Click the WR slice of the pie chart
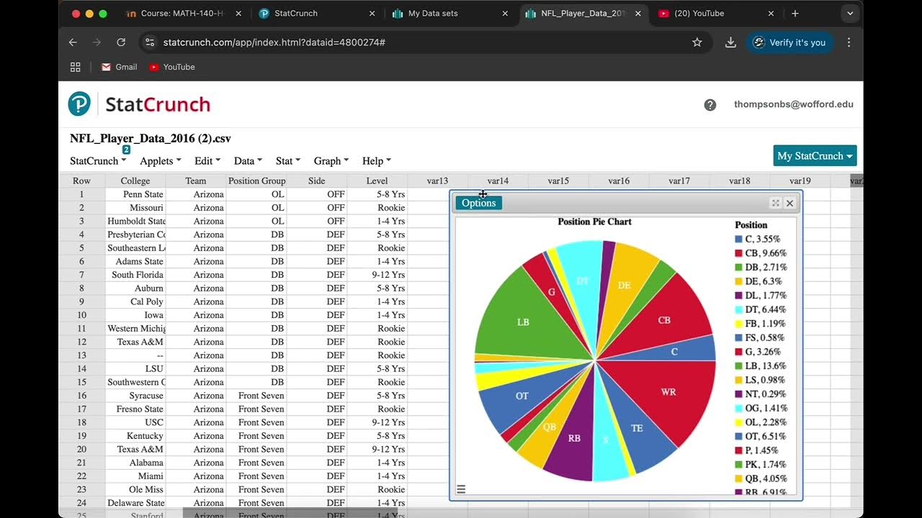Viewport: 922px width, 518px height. point(668,392)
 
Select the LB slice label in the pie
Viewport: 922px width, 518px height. point(523,322)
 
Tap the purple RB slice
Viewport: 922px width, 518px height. point(574,438)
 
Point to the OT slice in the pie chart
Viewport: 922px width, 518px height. point(522,396)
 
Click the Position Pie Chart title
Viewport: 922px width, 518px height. point(594,222)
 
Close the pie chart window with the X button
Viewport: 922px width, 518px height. point(789,203)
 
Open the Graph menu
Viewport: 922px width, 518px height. point(331,161)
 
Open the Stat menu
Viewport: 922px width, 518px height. point(287,161)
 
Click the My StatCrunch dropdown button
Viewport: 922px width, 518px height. point(815,156)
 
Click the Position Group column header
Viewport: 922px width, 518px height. point(257,181)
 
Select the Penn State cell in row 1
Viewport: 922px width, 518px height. point(143,194)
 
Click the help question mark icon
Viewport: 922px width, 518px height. point(710,105)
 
